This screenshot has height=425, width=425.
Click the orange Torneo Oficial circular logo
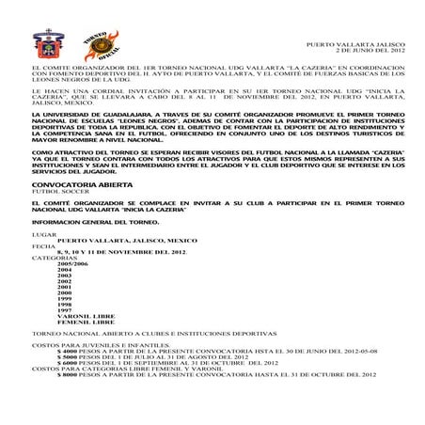click(x=100, y=45)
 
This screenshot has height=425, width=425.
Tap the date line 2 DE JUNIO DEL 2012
click(x=370, y=51)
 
